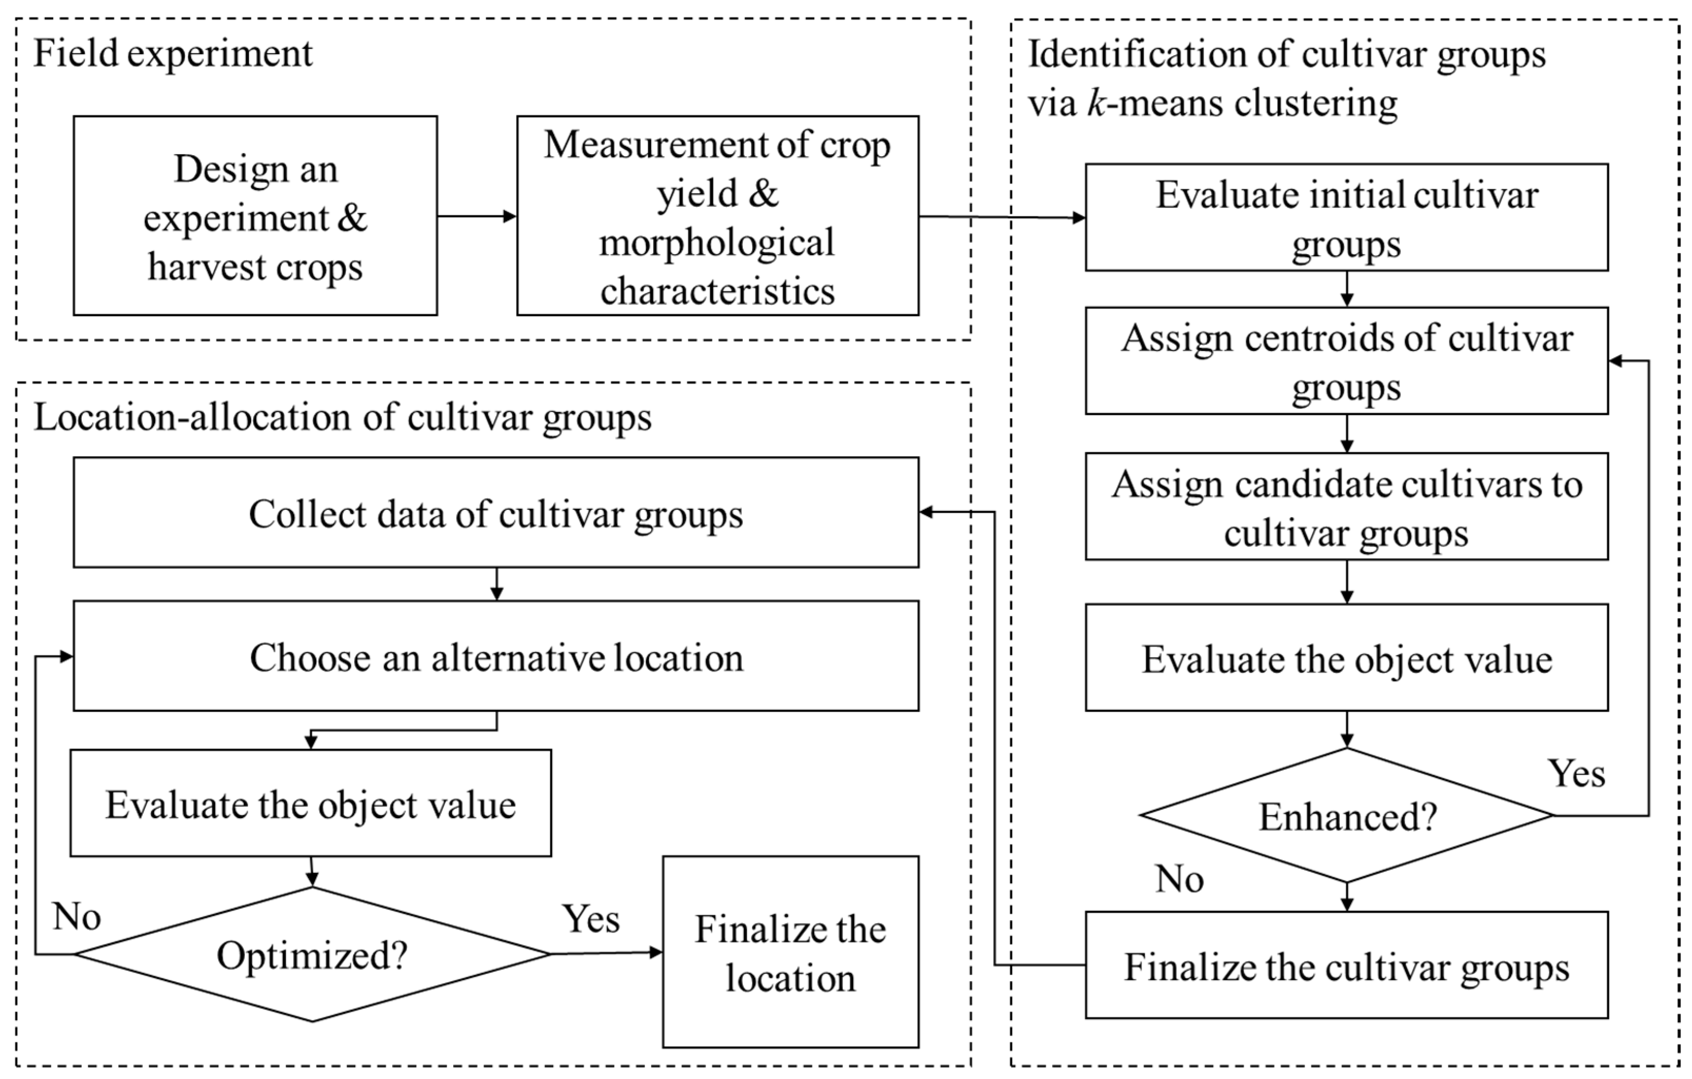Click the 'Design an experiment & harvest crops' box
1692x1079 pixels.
click(255, 216)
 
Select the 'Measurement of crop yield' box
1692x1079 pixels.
click(717, 216)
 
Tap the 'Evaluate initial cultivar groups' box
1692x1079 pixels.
click(1346, 218)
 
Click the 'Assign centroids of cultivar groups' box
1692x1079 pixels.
click(1346, 361)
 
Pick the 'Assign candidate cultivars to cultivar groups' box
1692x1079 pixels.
click(1346, 507)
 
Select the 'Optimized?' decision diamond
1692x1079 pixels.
click(312, 955)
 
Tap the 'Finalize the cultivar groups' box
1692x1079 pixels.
click(1346, 966)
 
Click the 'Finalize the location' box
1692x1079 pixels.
click(790, 953)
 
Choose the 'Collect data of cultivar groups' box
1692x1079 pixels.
click(496, 513)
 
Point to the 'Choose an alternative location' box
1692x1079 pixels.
click(496, 657)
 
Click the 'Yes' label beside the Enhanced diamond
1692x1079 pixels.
click(1576, 774)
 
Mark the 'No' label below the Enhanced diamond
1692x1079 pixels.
click(1180, 879)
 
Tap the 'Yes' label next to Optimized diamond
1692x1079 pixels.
click(591, 919)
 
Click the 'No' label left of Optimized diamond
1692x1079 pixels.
click(77, 917)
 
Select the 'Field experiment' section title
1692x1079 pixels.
click(173, 53)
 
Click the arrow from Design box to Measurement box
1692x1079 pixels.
click(476, 216)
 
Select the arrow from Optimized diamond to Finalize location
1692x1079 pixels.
click(606, 953)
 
